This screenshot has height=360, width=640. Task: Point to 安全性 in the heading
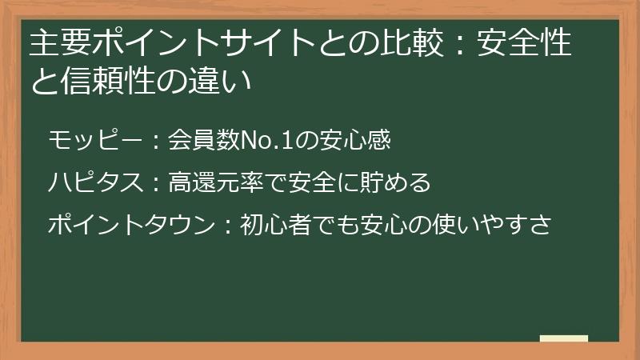[x=524, y=46]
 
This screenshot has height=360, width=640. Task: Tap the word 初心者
[x=277, y=226]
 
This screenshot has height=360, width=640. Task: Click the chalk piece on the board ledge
[x=563, y=339]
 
